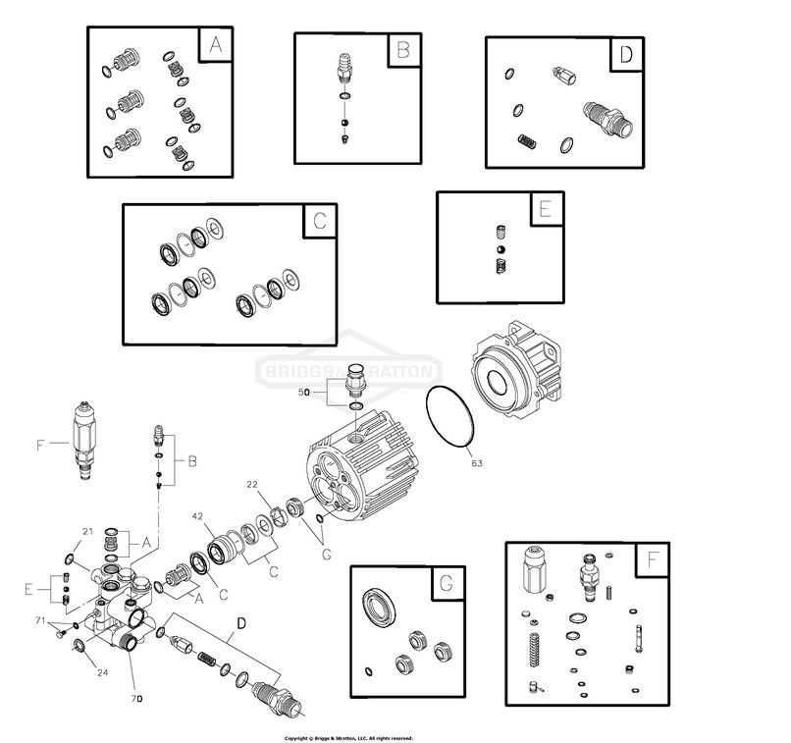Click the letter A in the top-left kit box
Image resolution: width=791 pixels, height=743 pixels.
point(216,46)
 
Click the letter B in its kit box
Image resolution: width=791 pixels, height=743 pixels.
point(402,51)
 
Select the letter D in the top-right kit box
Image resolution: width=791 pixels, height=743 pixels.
point(626,54)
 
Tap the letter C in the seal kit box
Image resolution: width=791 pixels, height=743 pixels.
point(319,222)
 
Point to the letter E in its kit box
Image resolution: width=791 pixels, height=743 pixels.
point(545,209)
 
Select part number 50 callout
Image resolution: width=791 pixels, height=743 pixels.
point(305,391)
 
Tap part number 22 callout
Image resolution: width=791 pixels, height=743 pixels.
point(251,484)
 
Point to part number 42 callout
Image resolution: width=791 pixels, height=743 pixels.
point(197,516)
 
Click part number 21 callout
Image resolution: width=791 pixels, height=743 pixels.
point(87,531)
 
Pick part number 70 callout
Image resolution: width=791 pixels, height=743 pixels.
point(137,698)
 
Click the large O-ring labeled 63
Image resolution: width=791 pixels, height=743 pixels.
point(449,416)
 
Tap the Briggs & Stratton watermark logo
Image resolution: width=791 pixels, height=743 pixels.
point(348,372)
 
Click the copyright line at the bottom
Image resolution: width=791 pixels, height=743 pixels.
point(348,737)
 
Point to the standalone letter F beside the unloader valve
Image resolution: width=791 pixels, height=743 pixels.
point(40,445)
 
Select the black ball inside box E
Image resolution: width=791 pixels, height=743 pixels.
point(500,250)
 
